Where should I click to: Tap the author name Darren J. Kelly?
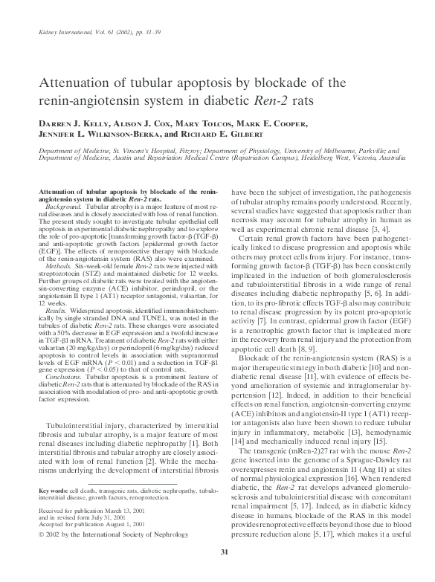point(69,120)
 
